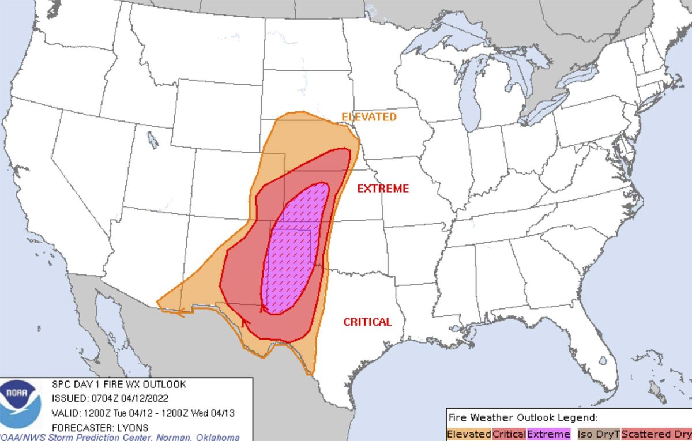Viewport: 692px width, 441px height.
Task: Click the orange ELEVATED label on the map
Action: [368, 117]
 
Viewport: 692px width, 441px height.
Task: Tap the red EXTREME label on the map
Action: [382, 189]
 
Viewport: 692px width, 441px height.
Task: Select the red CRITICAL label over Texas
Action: [367, 322]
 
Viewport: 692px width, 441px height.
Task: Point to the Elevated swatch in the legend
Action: [469, 434]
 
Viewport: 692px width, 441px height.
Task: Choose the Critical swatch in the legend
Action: [509, 434]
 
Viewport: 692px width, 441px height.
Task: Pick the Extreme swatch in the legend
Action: [548, 434]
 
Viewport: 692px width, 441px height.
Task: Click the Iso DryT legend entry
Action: [599, 434]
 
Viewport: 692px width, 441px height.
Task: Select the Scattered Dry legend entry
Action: [657, 434]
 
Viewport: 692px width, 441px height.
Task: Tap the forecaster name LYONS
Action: [132, 428]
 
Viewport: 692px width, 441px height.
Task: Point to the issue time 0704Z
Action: [104, 398]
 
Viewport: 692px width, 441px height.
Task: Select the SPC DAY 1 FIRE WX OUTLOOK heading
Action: [119, 384]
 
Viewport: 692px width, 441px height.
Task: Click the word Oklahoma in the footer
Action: [219, 437]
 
